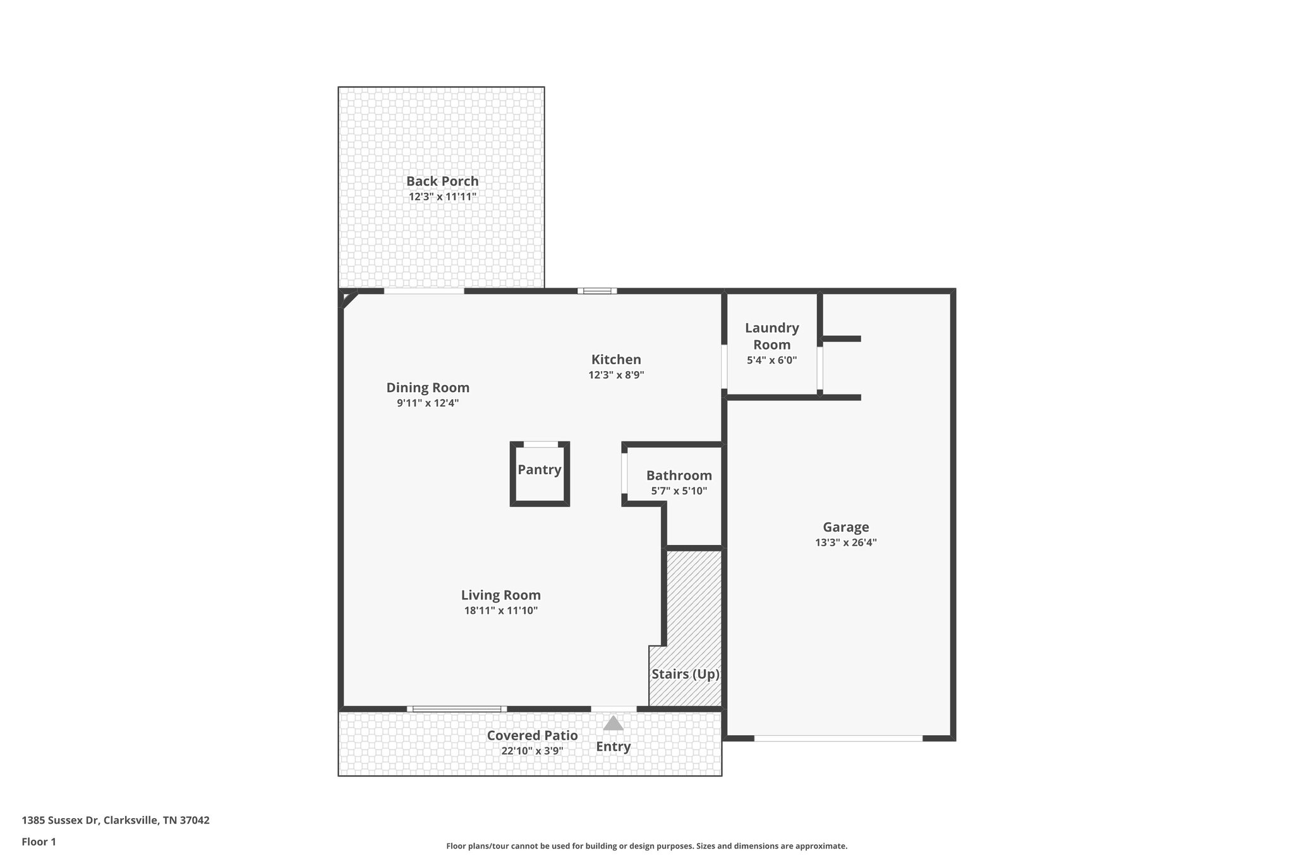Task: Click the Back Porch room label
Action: [x=442, y=181]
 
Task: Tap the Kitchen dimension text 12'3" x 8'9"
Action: [x=616, y=375]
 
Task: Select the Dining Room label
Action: [x=428, y=388]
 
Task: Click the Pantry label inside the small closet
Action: [x=540, y=470]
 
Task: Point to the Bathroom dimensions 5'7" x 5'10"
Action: [x=679, y=491]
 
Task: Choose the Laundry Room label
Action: [x=771, y=336]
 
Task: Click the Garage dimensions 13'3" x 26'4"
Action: [x=845, y=542]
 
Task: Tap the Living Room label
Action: [x=500, y=595]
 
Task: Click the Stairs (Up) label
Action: [x=686, y=674]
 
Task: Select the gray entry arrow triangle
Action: [x=613, y=723]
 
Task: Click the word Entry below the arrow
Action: [x=613, y=747]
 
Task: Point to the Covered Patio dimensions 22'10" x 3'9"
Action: [x=531, y=751]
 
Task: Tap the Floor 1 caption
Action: [x=39, y=842]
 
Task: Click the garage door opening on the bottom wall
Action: [x=838, y=738]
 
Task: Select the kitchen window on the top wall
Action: [x=597, y=291]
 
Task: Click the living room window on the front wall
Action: [x=456, y=709]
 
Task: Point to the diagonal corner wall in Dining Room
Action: [x=349, y=299]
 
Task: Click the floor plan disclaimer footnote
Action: [x=646, y=846]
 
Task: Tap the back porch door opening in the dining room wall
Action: [x=423, y=291]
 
